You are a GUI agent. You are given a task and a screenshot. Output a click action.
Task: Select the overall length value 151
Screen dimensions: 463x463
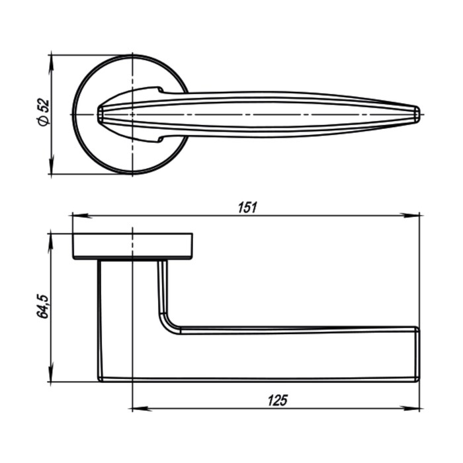[x=246, y=206]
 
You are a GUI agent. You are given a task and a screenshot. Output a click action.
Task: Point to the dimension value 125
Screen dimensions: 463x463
[x=277, y=400]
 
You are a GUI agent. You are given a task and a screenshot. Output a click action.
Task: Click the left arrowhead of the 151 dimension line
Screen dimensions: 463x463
[x=77, y=215]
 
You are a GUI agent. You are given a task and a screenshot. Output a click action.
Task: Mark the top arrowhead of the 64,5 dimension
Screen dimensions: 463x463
[x=51, y=239]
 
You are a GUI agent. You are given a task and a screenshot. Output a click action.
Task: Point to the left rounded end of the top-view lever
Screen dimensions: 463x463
[x=100, y=114]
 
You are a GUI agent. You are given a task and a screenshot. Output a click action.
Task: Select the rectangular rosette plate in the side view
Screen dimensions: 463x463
[x=132, y=246]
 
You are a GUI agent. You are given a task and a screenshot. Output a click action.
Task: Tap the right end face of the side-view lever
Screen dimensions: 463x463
[x=417, y=353]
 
